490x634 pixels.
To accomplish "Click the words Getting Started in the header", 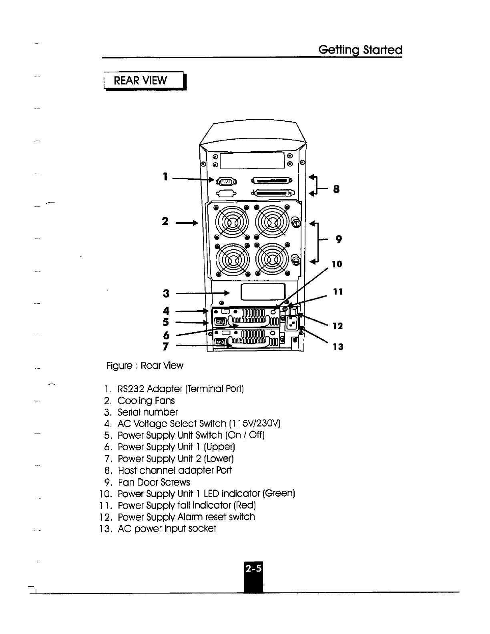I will click(360, 50).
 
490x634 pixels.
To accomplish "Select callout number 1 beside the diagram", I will click(165, 176).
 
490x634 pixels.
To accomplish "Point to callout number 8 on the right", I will click(336, 189).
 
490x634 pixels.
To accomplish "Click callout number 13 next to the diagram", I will click(338, 347).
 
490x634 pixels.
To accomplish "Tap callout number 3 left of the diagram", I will click(166, 293).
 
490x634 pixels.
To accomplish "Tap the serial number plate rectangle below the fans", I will click(263, 291).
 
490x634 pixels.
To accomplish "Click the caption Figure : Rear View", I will click(145, 365).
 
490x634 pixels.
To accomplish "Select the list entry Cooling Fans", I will click(146, 401).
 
